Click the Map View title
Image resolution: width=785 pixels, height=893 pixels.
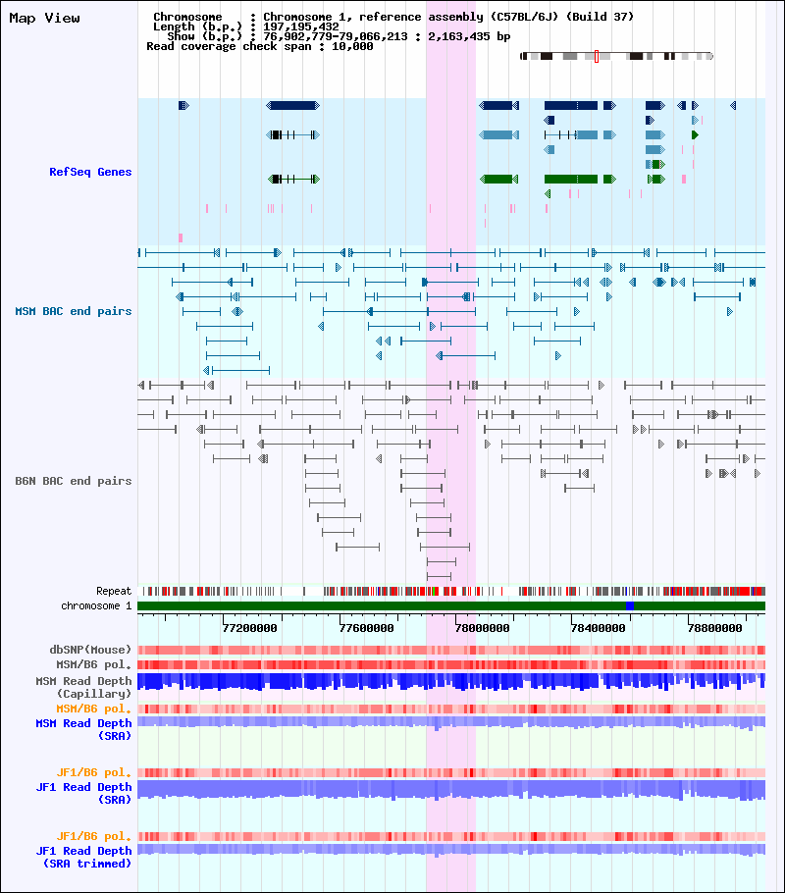point(44,18)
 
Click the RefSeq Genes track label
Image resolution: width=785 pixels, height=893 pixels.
point(90,172)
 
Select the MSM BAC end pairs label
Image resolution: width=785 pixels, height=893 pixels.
point(74,311)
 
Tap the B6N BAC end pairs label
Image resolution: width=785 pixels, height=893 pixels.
point(74,481)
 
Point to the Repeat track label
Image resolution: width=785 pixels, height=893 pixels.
point(114,591)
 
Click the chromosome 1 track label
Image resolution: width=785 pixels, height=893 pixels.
point(96,605)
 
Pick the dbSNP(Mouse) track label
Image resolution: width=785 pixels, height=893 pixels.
point(90,650)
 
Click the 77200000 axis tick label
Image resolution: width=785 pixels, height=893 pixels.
point(250,628)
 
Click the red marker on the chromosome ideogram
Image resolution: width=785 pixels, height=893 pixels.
point(596,56)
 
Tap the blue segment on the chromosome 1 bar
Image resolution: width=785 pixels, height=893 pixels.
point(629,605)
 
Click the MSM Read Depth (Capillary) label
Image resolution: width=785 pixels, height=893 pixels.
point(83,687)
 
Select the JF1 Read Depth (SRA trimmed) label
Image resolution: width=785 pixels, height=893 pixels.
point(83,857)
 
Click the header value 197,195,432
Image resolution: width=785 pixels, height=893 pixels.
point(301,26)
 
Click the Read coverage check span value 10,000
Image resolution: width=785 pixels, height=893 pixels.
point(351,46)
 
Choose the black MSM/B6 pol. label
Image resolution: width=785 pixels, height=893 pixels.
point(90,664)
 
